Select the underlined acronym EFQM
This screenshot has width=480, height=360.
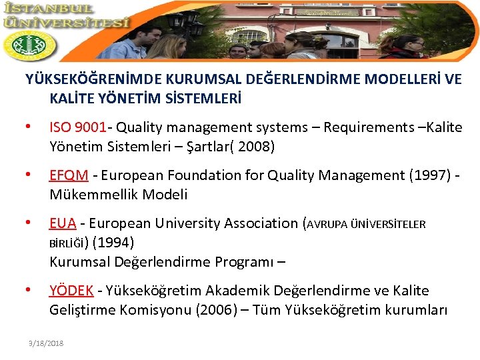(x=69, y=175)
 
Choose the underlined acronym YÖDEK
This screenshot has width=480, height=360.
(x=71, y=291)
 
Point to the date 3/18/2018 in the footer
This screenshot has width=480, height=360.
(x=46, y=343)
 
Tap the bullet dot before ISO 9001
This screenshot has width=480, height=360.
(x=27, y=127)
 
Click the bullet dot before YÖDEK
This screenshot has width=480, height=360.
(x=27, y=291)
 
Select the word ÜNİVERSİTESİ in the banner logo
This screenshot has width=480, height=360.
(x=66, y=23)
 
